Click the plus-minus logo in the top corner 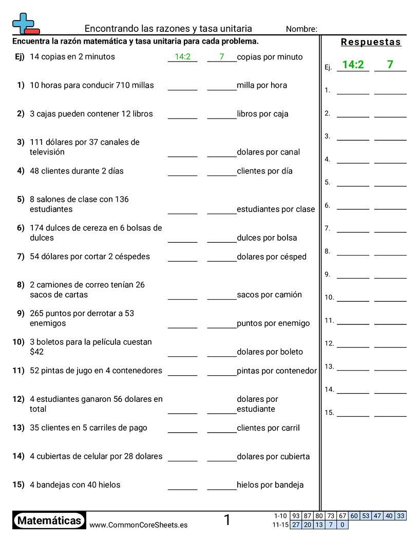pyautogui.click(x=25, y=24)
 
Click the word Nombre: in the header pyautogui.click(x=301, y=29)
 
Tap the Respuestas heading pyautogui.click(x=371, y=42)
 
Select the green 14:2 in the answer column pyautogui.click(x=353, y=65)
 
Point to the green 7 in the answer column pyautogui.click(x=390, y=65)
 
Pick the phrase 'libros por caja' pyautogui.click(x=262, y=114)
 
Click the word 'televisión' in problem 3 pyautogui.click(x=47, y=152)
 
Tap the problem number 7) pyautogui.click(x=21, y=256)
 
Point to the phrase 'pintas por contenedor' pyautogui.click(x=277, y=371)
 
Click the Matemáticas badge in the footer pyautogui.click(x=49, y=520)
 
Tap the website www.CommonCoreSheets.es pyautogui.click(x=138, y=525)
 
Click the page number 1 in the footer pyautogui.click(x=227, y=520)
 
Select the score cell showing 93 pyautogui.click(x=296, y=516)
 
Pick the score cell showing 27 pyautogui.click(x=296, y=525)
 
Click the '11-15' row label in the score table pyautogui.click(x=280, y=525)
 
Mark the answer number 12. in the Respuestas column pyautogui.click(x=329, y=343)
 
